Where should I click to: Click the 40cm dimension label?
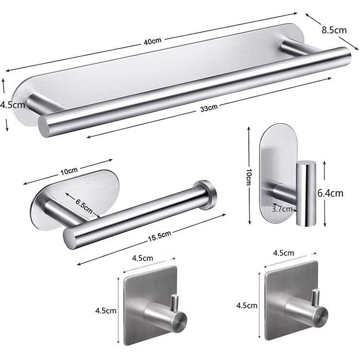(153, 41)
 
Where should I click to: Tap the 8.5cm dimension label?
(334, 30)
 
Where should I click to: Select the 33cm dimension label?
(209, 108)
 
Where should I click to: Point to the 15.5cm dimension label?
(159, 236)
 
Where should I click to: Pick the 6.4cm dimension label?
(330, 193)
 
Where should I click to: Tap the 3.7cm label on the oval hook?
(282, 209)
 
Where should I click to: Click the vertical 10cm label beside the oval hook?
(249, 177)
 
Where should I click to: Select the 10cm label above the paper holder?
(69, 171)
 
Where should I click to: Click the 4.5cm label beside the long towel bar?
(12, 105)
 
